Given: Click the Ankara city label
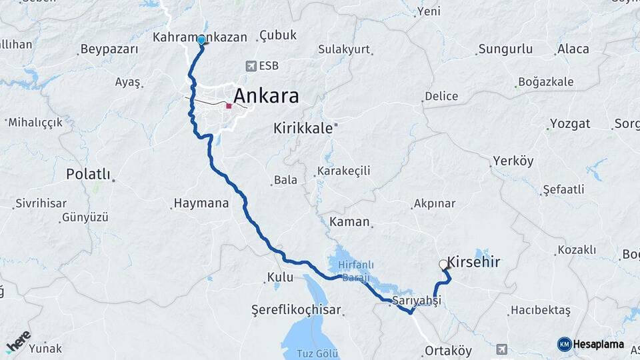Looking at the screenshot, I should click(265, 95).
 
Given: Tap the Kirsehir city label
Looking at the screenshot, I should click(474, 261).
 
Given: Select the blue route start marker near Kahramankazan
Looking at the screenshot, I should click(201, 40).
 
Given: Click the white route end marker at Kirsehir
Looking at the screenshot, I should click(443, 264).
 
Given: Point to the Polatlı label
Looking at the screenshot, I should click(88, 174).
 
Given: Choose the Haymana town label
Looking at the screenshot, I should click(201, 203).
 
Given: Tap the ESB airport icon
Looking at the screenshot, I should click(251, 65).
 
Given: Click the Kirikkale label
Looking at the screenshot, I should click(303, 129).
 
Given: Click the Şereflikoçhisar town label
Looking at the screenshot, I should click(296, 310).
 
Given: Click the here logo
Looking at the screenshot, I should click(18, 341).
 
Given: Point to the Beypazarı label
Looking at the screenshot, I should click(109, 49).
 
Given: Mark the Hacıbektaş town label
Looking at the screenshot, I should click(540, 311).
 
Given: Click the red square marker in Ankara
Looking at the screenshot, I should click(229, 105).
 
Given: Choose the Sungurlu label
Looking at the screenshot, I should click(505, 49).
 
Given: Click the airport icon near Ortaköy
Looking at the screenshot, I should click(501, 349).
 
